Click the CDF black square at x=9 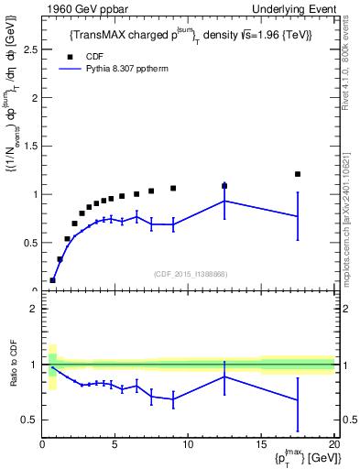173,189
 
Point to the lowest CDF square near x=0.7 52,280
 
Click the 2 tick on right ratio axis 343,309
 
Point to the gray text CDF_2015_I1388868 190,274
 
